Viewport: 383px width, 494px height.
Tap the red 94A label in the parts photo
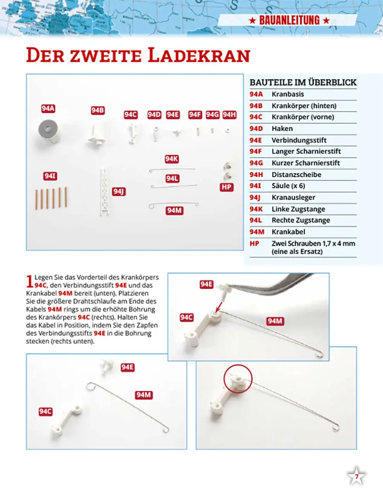point(49,109)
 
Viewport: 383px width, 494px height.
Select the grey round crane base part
point(47,129)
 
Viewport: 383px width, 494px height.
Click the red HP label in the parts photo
point(227,187)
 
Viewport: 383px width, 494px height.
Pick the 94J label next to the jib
point(119,191)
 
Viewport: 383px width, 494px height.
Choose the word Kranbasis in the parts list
point(288,94)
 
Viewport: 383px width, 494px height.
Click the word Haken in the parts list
point(282,128)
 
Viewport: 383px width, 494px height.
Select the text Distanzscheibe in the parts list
point(296,174)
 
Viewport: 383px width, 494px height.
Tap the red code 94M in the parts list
point(257,232)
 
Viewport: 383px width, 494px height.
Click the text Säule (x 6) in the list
point(288,186)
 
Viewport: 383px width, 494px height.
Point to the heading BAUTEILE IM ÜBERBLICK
point(303,82)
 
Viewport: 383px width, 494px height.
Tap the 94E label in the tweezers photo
point(206,284)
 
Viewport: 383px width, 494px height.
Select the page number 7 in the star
point(357,477)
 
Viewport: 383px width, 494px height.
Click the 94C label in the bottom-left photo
point(46,411)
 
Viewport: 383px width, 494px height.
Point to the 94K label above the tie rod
point(171,159)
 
